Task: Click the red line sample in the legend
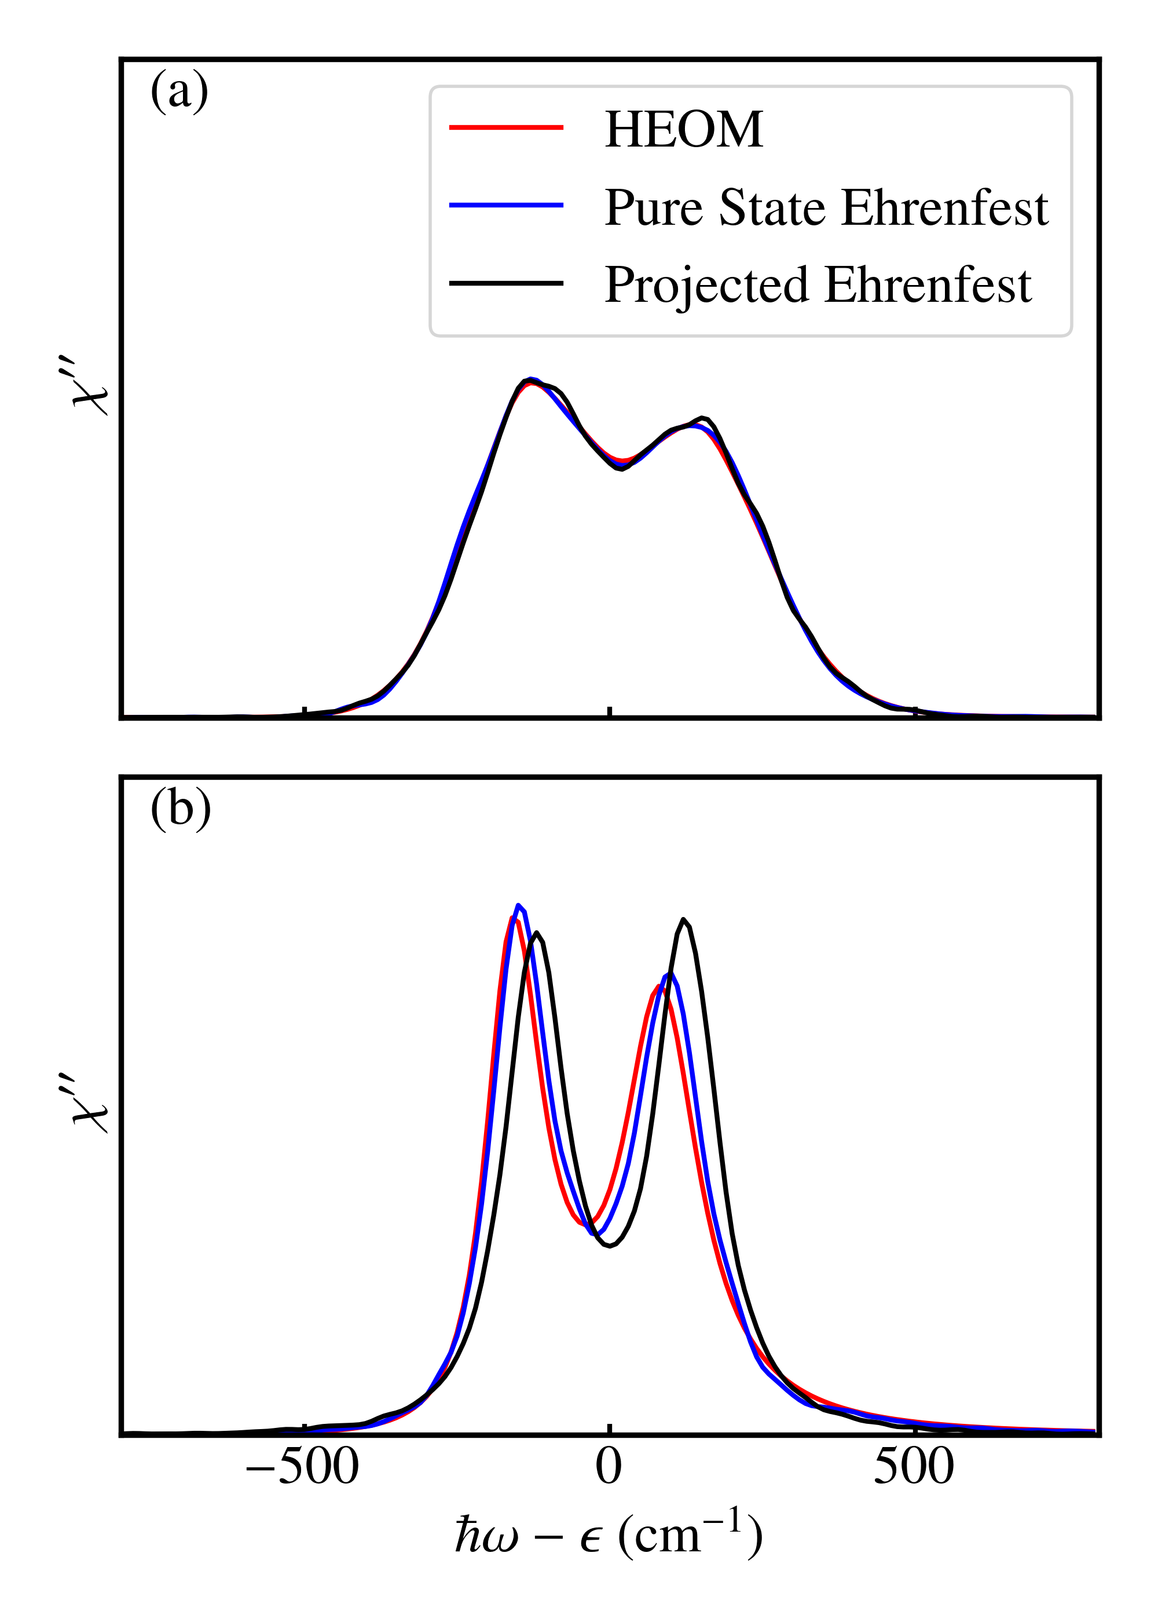tap(505, 127)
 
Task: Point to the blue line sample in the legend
tap(505, 206)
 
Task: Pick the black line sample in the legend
tap(505, 283)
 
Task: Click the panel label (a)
tap(179, 92)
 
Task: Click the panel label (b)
tap(181, 810)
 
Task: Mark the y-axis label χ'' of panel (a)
tap(90, 389)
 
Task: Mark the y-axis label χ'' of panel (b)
tap(90, 1106)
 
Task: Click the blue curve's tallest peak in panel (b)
tap(518, 905)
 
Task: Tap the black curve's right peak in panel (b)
tap(683, 919)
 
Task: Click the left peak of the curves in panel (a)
tap(530, 381)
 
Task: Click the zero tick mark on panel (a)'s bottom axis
tap(609, 711)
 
